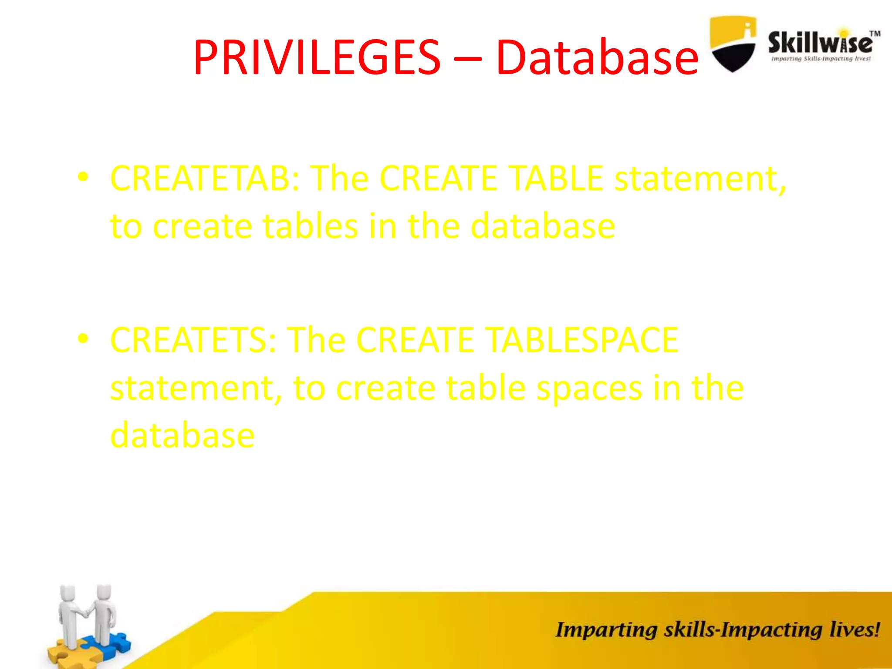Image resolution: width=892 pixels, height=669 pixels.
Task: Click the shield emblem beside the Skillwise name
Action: [733, 44]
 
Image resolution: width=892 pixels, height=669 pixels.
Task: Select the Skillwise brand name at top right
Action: [820, 43]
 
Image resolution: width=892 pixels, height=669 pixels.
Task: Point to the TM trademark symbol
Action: [875, 34]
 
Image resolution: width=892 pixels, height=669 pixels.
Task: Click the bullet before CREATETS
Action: [83, 338]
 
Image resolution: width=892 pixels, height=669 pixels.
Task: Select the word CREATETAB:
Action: [205, 178]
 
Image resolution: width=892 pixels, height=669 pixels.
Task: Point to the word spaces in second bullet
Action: [589, 388]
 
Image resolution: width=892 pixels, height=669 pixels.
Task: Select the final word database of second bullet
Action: [182, 435]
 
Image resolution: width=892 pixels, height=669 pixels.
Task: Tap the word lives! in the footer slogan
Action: [855, 630]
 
